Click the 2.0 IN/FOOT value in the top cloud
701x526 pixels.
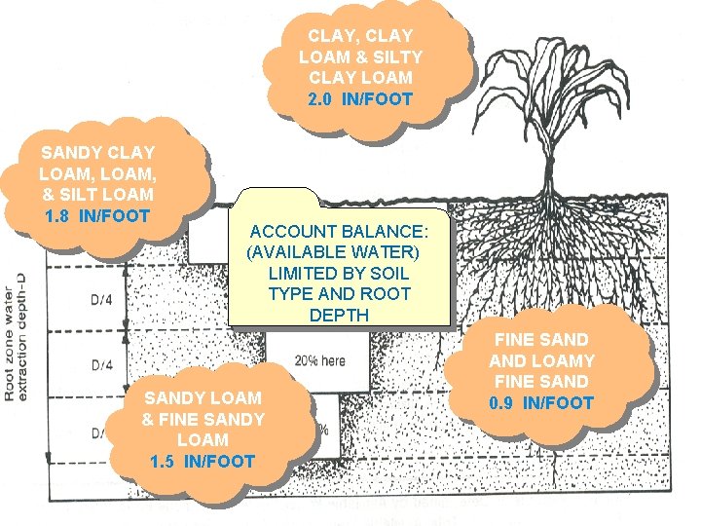pos(360,99)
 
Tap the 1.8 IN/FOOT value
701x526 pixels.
pos(97,216)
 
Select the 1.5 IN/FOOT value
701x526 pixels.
pos(203,462)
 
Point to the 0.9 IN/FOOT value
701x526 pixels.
pos(542,403)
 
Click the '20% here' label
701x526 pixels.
pos(319,361)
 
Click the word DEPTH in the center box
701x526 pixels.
pos(338,316)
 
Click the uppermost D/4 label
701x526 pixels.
pos(101,299)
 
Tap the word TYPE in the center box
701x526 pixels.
pos(288,294)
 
